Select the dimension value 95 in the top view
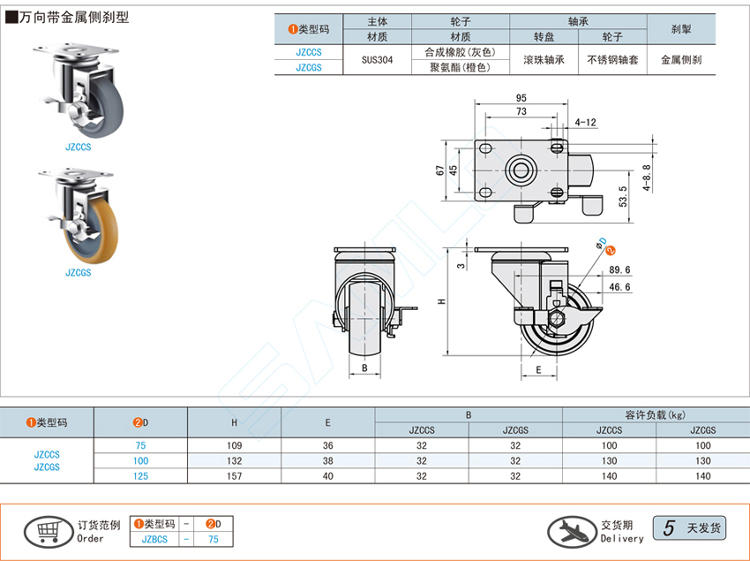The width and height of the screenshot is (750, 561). pos(522,97)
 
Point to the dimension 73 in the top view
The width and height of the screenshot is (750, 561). pos(521,111)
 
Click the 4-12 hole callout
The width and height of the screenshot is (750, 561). pos(585,122)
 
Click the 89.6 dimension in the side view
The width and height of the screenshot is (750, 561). pos(619,270)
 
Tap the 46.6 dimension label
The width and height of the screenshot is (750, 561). pos(619,286)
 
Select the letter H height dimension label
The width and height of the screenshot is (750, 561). pos(441,301)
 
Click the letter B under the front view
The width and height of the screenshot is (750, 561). pos(364,368)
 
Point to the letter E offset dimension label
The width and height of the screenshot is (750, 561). pos(537,370)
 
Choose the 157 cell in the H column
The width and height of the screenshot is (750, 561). pos(234,477)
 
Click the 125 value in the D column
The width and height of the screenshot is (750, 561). pos(141,477)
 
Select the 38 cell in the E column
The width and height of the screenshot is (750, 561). pos(327,461)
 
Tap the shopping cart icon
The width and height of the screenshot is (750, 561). pos(48,529)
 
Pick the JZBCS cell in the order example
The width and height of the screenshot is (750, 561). pos(155,538)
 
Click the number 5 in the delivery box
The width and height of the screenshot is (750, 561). pos(669,528)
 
